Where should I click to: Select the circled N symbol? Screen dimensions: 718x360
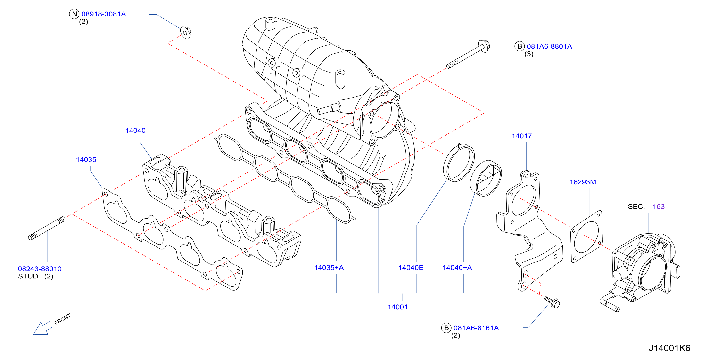[x=74, y=14]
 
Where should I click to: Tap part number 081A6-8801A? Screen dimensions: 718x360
[x=549, y=46]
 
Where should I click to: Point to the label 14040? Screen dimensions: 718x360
[x=135, y=131]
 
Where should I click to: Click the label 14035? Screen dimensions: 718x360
[x=86, y=160]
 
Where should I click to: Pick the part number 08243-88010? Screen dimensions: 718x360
[x=40, y=269]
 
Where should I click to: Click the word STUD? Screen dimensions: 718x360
[x=28, y=276]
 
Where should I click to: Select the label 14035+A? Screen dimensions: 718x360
[x=329, y=268]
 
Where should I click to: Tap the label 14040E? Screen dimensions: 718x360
[x=411, y=268]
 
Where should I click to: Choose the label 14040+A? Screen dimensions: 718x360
[x=457, y=268]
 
